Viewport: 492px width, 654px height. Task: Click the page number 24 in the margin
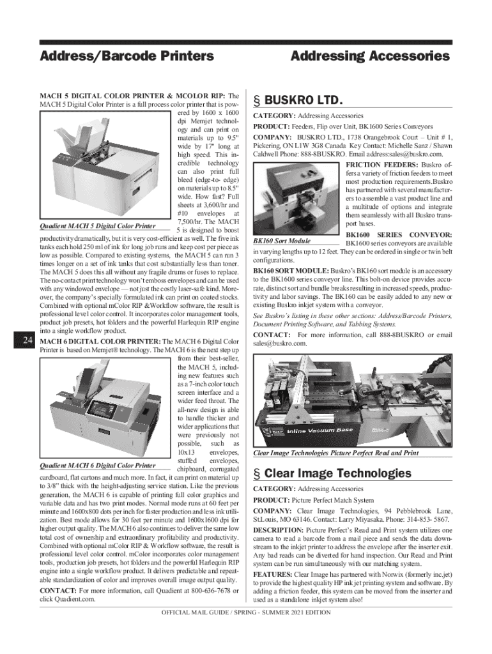[27, 341]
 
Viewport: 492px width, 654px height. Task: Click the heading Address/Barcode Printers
[127, 56]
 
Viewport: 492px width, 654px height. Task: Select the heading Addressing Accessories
[370, 56]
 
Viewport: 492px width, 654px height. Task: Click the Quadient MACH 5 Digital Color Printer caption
[98, 226]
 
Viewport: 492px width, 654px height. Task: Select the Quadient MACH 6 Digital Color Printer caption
[98, 466]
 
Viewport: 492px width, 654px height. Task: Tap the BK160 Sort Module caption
[282, 241]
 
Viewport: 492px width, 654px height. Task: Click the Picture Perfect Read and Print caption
[336, 453]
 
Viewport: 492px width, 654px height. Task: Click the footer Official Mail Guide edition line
[245, 612]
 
